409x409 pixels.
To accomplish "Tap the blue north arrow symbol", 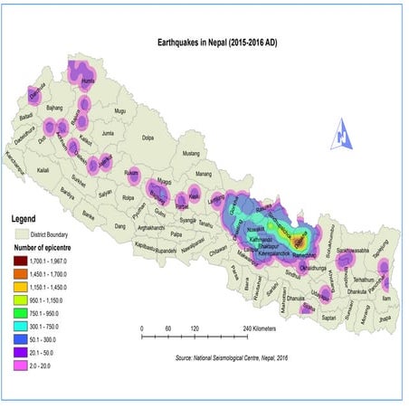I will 343,134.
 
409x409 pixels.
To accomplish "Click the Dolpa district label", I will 147,138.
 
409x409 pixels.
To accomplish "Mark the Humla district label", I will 88,81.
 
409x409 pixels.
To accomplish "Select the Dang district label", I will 117,226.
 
